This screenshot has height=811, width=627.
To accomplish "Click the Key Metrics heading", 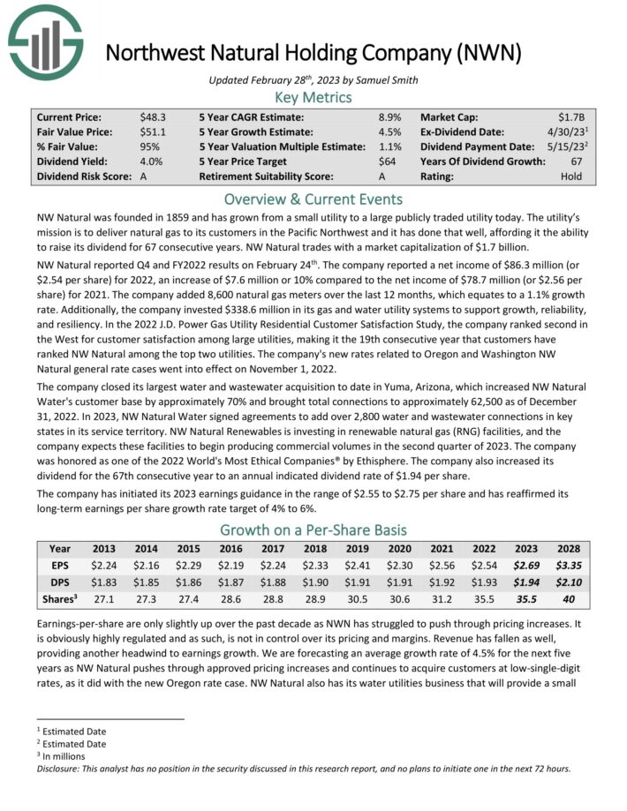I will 313,97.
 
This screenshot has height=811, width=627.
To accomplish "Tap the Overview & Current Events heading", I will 313,199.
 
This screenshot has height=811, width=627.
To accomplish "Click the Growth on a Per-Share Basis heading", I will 313,530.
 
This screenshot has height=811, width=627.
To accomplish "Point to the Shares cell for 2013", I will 104,598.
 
